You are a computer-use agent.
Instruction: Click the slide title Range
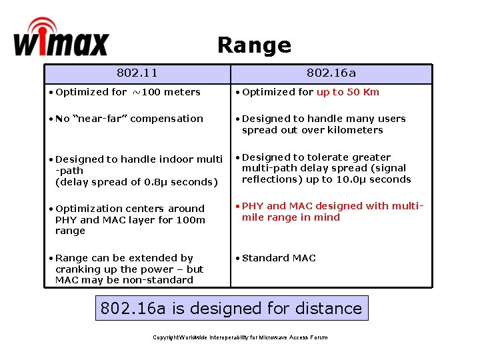pos(254,45)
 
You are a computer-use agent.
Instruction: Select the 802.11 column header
pos(137,73)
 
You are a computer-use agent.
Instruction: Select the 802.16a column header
pos(331,73)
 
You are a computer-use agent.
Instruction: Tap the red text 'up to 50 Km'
pos(347,92)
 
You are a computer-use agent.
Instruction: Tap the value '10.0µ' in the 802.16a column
pos(357,179)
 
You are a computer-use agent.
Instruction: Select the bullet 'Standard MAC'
pos(279,258)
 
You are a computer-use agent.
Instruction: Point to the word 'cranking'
pos(77,269)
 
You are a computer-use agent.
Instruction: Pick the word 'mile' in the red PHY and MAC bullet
pos(253,217)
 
